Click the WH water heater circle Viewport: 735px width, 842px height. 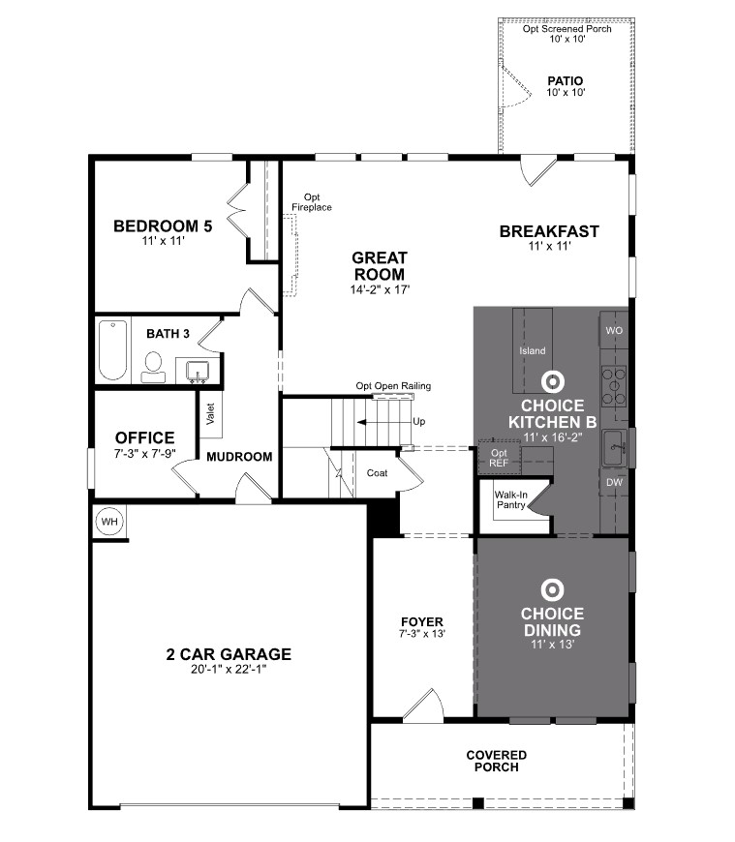109,522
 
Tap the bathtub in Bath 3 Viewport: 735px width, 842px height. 112,350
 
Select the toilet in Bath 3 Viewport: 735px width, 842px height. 153,366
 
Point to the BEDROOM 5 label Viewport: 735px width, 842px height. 163,227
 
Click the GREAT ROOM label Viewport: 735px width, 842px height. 380,266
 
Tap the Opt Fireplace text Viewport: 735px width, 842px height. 312,202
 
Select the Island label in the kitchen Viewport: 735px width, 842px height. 533,351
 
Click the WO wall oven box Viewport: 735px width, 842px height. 614,330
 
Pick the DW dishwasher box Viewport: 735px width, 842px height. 614,482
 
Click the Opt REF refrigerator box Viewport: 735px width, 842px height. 500,458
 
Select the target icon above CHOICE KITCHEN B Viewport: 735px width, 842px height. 552,380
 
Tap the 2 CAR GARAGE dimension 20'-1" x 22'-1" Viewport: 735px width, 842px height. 229,669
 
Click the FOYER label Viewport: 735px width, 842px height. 422,621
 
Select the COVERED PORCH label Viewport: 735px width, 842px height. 496,761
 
